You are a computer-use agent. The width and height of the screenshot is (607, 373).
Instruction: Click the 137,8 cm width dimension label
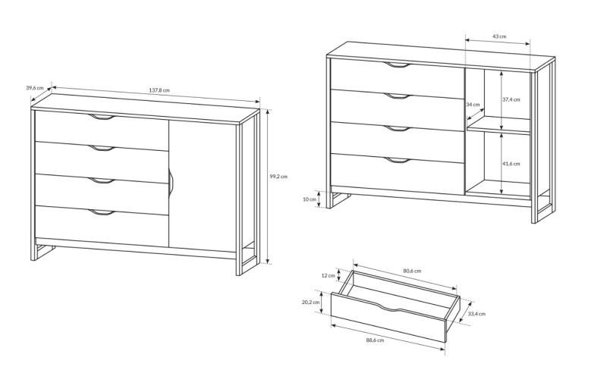tap(159, 90)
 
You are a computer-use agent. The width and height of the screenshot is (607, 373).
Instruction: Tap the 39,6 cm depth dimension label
tap(35, 88)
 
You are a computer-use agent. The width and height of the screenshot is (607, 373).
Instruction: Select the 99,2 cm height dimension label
tap(278, 176)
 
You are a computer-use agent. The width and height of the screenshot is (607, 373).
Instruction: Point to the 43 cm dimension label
tap(499, 36)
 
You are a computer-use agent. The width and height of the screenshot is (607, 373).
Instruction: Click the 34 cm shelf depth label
tap(473, 105)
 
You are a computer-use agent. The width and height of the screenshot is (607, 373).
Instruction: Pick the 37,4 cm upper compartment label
tap(511, 99)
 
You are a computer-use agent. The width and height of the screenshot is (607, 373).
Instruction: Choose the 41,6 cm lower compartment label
tap(511, 164)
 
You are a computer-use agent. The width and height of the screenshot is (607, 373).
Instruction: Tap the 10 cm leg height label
tap(310, 199)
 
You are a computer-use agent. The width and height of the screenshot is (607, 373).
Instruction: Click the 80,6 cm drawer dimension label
tap(412, 271)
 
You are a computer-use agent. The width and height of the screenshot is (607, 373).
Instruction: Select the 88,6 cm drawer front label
tap(375, 340)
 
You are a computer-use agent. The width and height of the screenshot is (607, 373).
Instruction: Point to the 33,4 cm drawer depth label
tap(476, 314)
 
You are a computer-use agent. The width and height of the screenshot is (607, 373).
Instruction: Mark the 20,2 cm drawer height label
tap(311, 302)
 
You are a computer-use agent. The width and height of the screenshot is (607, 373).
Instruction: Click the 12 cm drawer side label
tap(329, 276)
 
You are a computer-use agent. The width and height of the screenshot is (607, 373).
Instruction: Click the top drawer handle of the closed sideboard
tap(102, 118)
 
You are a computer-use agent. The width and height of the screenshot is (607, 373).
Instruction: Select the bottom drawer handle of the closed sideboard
tap(102, 212)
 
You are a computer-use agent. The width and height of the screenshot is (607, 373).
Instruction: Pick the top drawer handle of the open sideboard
tap(397, 65)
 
